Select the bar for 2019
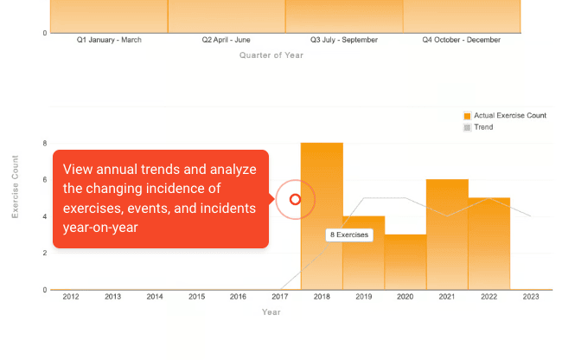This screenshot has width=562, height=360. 363,260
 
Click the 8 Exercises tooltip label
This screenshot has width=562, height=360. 349,235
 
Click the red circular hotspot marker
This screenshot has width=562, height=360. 295,199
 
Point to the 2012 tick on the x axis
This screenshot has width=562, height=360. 71,297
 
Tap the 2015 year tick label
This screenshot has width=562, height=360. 196,297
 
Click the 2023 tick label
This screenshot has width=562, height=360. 531,297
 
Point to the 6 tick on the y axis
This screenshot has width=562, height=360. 44,180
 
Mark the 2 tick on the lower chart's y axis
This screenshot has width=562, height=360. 44,253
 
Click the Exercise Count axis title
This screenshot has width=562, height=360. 16,186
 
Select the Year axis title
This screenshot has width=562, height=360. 271,312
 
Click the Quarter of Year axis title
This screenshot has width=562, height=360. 271,55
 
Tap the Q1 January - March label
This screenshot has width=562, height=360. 109,40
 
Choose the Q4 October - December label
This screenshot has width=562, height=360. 461,40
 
